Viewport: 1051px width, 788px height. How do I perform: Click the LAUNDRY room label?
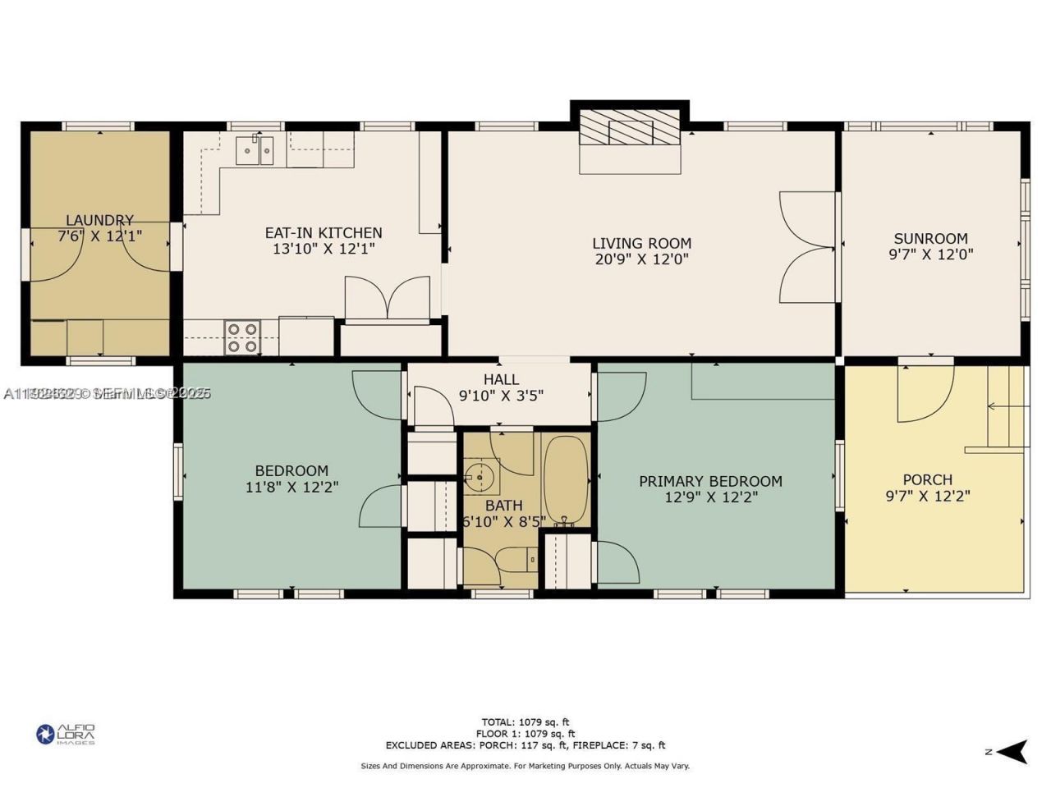[x=99, y=220]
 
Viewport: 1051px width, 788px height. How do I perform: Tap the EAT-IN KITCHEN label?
[x=323, y=233]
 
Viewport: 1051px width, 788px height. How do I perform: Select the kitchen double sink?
[x=255, y=151]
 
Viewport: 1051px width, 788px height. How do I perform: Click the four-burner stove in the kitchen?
[x=242, y=337]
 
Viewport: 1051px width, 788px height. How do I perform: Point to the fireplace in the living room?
[x=630, y=131]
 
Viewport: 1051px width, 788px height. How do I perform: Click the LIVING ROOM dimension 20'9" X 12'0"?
[x=641, y=259]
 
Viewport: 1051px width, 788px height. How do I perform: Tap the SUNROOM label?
[x=930, y=239]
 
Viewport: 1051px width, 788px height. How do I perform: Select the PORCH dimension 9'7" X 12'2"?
[x=928, y=496]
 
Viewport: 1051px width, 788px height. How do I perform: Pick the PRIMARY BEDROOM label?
[x=710, y=481]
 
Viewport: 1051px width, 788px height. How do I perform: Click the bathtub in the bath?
[x=565, y=481]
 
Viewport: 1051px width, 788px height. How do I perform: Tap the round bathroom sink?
[x=476, y=474]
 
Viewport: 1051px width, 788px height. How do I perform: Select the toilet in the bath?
[x=517, y=561]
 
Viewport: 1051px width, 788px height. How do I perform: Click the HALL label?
[x=501, y=379]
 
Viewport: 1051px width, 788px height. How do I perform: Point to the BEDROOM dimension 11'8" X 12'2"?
[x=291, y=487]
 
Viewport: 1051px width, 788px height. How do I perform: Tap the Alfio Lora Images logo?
[x=66, y=734]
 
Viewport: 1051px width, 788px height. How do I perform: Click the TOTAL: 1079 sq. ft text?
[x=525, y=722]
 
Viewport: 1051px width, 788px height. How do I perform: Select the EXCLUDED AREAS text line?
[x=525, y=745]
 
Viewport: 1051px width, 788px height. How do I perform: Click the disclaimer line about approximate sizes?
[x=525, y=766]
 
